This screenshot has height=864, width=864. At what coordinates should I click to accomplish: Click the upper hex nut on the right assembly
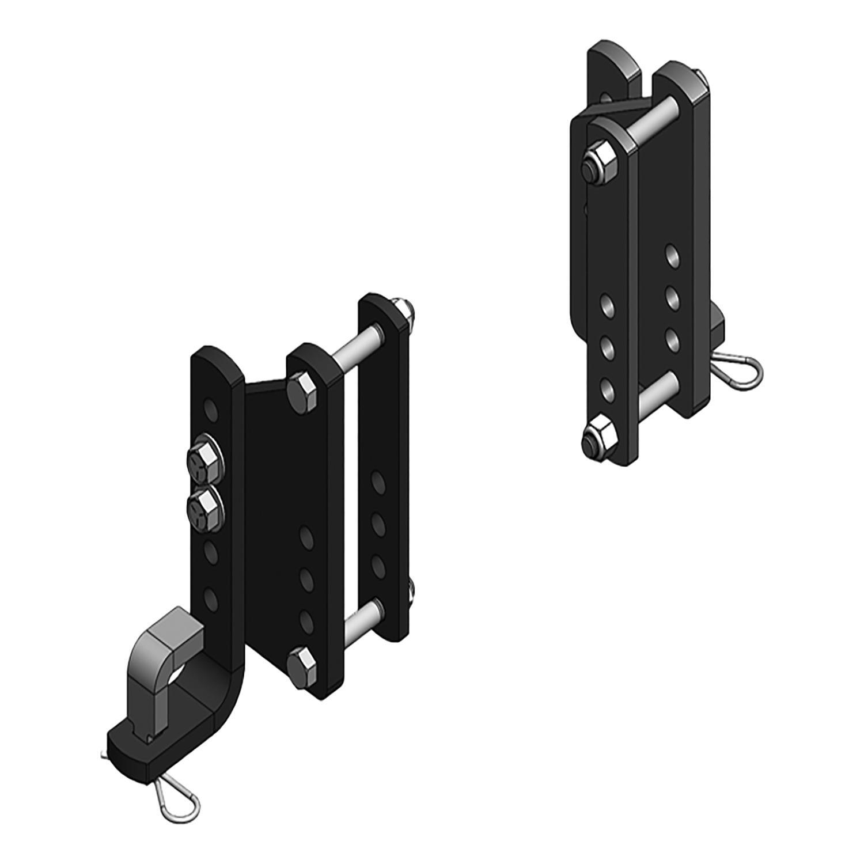pyautogui.click(x=599, y=161)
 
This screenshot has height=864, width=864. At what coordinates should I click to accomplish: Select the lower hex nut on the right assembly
pyautogui.click(x=597, y=433)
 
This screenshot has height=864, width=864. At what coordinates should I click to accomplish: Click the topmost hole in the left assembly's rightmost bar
pyautogui.click(x=378, y=482)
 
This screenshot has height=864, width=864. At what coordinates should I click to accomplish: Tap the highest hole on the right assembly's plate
pyautogui.click(x=670, y=254)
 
